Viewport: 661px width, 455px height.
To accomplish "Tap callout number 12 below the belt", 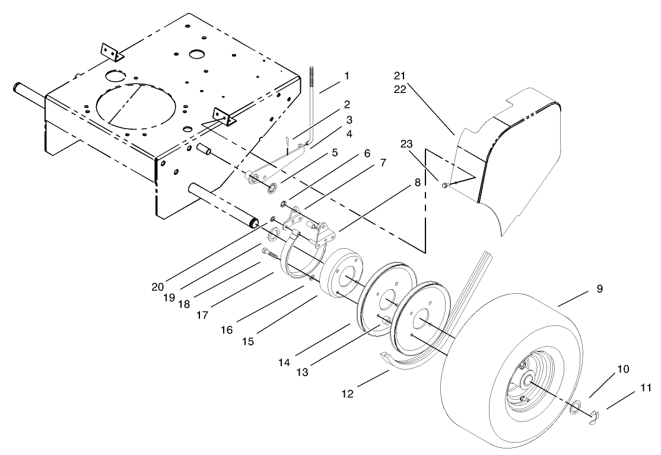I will tap(348, 393).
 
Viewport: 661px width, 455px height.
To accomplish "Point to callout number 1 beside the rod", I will tap(347, 76).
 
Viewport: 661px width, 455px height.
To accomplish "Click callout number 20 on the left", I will tap(157, 286).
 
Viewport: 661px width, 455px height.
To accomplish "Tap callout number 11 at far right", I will tap(646, 388).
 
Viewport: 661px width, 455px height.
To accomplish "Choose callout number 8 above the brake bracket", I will tap(418, 183).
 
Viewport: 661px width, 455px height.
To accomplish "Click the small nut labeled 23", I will tap(444, 186).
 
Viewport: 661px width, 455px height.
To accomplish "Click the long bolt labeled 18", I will tap(272, 254).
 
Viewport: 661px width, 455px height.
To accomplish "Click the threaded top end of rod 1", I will tap(311, 80).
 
